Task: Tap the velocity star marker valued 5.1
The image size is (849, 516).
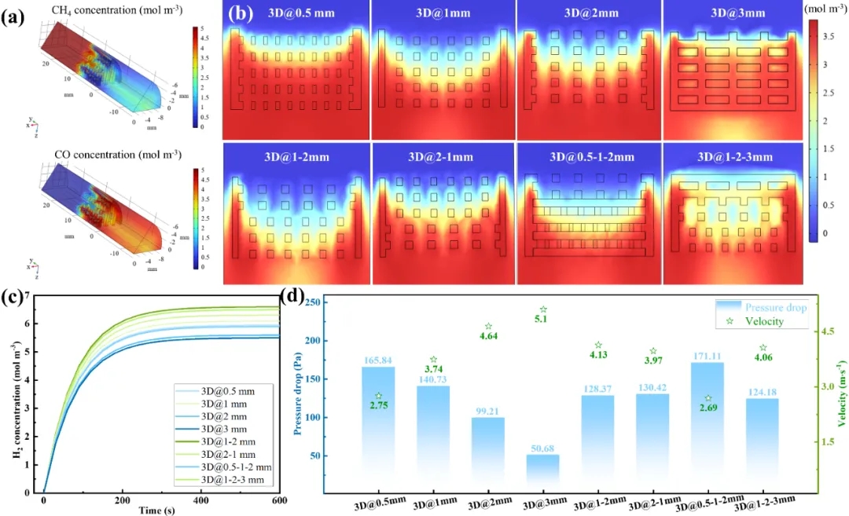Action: coord(543,310)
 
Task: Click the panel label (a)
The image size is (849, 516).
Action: coord(15,15)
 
